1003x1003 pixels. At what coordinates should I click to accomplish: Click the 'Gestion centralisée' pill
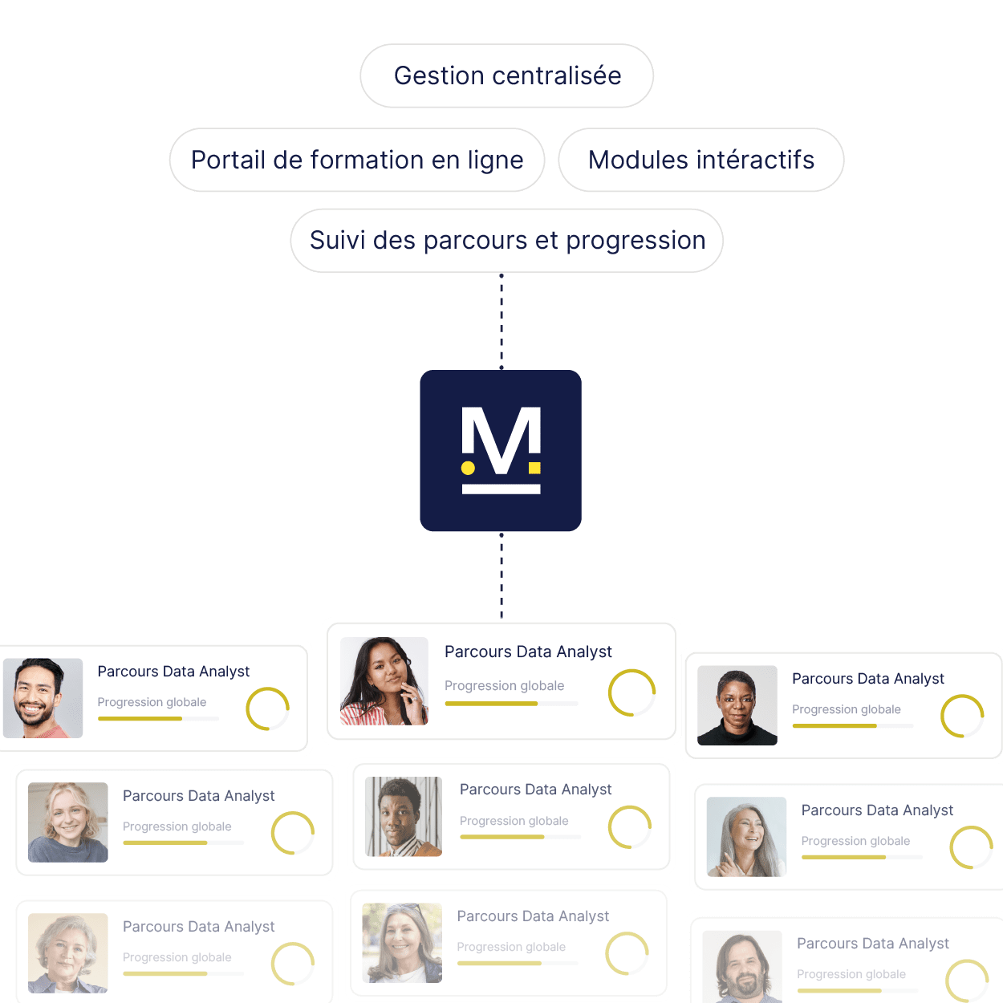[506, 76]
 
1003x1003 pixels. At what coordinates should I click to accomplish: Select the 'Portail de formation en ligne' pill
[357, 160]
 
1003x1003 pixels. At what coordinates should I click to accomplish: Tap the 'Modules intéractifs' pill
[701, 160]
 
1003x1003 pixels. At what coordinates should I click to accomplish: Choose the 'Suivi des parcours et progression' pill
[506, 241]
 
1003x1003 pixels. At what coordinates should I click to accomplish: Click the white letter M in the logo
[501, 441]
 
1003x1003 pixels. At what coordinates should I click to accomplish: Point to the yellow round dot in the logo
[468, 468]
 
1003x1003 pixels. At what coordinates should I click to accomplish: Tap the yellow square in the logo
[534, 468]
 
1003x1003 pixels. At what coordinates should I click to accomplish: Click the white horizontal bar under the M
[501, 489]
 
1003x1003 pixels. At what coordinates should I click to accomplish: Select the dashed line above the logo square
[501, 321]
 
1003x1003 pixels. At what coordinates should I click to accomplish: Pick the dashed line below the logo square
[501, 575]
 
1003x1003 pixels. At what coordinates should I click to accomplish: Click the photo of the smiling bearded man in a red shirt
[43, 698]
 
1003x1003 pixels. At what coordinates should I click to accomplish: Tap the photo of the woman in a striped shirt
[384, 680]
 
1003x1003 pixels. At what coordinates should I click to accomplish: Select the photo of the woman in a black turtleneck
[737, 705]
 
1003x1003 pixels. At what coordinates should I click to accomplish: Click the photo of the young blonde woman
[67, 822]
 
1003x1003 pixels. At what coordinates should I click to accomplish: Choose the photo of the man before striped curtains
[404, 817]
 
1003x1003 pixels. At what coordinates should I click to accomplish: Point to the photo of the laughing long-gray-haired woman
[746, 837]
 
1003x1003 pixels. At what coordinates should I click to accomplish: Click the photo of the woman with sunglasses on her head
[402, 943]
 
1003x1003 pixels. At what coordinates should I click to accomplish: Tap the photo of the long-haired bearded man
[742, 967]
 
